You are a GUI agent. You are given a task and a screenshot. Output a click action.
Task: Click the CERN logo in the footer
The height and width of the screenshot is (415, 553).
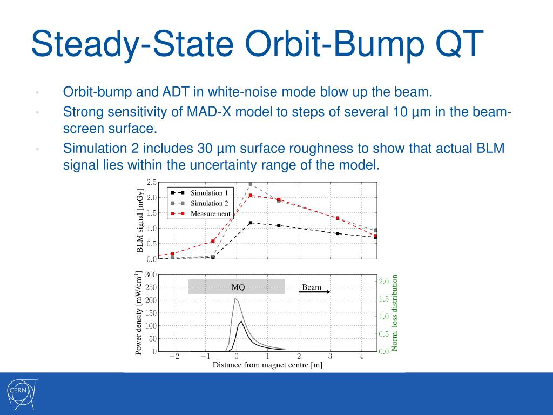tap(22, 393)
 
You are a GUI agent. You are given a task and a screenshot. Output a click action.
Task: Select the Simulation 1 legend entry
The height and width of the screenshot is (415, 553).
tap(199, 193)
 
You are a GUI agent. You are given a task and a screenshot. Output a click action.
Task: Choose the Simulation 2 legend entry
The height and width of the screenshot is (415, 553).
tap(199, 203)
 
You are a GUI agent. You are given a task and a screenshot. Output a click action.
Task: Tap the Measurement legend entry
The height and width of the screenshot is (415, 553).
tap(200, 214)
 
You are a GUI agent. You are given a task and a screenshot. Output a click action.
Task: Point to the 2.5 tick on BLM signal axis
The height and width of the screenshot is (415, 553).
tap(151, 182)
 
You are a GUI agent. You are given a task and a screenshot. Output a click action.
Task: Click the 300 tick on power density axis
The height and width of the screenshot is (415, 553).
tap(151, 275)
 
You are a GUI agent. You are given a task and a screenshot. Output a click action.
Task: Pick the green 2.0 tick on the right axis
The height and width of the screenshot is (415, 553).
tap(384, 281)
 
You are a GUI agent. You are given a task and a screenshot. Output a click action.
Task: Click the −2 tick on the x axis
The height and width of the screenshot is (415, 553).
tap(174, 357)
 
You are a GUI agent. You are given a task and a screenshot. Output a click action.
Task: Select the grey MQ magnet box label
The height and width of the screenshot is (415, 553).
tap(238, 287)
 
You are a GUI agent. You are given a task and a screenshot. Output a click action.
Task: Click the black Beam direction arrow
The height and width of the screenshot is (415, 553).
tap(315, 292)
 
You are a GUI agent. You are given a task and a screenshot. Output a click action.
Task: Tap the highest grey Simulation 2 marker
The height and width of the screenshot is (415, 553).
tap(251, 184)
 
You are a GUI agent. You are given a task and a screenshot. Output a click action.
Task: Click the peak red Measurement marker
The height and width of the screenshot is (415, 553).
tap(251, 195)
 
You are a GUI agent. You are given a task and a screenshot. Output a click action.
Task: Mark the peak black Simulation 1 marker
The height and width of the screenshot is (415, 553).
tap(251, 223)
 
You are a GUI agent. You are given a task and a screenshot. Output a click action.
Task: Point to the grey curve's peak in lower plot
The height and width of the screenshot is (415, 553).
tap(235, 299)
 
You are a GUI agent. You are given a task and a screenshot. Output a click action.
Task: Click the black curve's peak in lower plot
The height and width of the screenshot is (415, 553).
tap(241, 321)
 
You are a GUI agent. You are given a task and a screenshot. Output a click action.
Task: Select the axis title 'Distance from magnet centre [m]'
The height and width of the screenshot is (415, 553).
tap(267, 365)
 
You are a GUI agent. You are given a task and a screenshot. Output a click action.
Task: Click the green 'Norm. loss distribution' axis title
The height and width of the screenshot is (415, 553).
tap(394, 313)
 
